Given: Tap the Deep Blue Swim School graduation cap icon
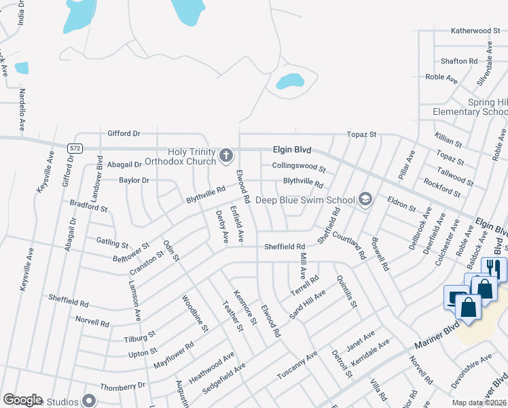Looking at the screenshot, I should pyautogui.click(x=365, y=199).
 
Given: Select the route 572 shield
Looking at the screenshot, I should pyautogui.click(x=75, y=147).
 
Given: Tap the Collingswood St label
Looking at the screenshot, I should pyautogui.click(x=299, y=166).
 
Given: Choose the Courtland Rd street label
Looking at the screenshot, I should pyautogui.click(x=350, y=243).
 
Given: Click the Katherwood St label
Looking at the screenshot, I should pyautogui.click(x=475, y=31).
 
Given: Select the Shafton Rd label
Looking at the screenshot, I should pyautogui.click(x=458, y=61).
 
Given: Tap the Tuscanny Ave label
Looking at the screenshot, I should pyautogui.click(x=297, y=366).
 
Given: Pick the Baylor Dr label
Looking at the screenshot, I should pyautogui.click(x=134, y=180).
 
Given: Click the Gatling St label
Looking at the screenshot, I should pyautogui.click(x=112, y=242).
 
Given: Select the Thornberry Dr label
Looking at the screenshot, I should pyautogui.click(x=122, y=385).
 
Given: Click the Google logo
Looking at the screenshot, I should pyautogui.click(x=22, y=400).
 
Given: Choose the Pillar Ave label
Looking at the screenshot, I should pyautogui.click(x=406, y=166).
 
